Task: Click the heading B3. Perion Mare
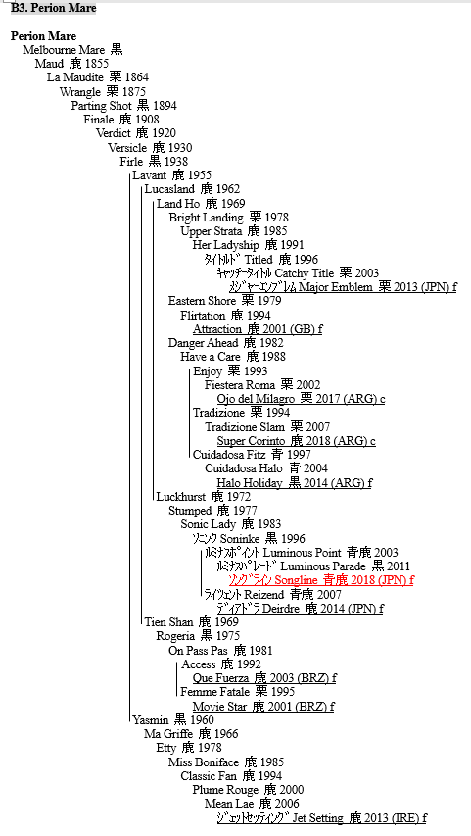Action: click(53, 8)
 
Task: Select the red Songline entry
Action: click(321, 580)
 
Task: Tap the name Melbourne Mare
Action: click(64, 50)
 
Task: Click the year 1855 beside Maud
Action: click(96, 64)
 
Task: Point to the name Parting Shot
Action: click(101, 106)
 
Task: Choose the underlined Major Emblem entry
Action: click(343, 287)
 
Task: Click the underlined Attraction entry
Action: click(258, 329)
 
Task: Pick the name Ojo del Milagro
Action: click(256, 399)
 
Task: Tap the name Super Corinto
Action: click(251, 441)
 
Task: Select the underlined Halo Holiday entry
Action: click(294, 483)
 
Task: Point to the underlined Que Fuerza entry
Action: click(264, 678)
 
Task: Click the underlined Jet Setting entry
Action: click(321, 818)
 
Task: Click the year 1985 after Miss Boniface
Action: click(272, 762)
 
